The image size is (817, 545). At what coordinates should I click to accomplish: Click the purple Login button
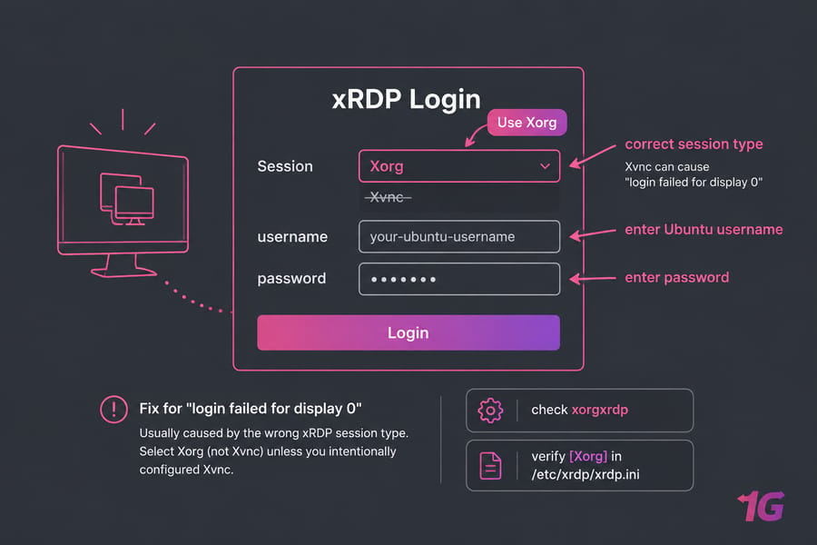(x=408, y=332)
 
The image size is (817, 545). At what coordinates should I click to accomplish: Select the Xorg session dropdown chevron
(x=545, y=166)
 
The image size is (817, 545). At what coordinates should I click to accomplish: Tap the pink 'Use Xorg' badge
(x=527, y=123)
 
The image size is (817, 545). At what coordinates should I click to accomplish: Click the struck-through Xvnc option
(x=388, y=197)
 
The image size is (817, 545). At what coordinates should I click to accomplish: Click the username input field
(x=459, y=237)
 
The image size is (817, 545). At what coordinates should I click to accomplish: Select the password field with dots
(x=459, y=279)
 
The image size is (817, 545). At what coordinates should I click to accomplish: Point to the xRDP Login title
(x=407, y=99)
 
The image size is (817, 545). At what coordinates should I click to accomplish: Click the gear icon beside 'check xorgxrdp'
(x=490, y=411)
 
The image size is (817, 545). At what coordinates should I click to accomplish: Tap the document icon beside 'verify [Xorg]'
(x=490, y=466)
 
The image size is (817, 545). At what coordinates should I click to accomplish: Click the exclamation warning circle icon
(x=114, y=410)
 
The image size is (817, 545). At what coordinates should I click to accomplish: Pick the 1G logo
(x=762, y=506)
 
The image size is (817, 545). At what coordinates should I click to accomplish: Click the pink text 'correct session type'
(x=694, y=144)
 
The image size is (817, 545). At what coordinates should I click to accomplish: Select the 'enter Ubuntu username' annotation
(x=704, y=230)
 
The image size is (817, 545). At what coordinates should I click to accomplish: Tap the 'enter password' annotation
(x=677, y=277)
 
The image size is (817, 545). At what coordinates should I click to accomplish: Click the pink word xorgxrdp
(x=600, y=410)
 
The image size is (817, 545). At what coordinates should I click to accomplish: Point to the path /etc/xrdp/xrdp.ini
(x=586, y=474)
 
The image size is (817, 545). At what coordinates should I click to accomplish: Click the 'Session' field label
(x=285, y=166)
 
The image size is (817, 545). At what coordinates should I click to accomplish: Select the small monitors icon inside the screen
(x=127, y=199)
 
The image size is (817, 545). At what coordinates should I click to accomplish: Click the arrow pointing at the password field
(x=593, y=279)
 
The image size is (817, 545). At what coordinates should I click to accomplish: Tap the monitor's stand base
(x=123, y=272)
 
